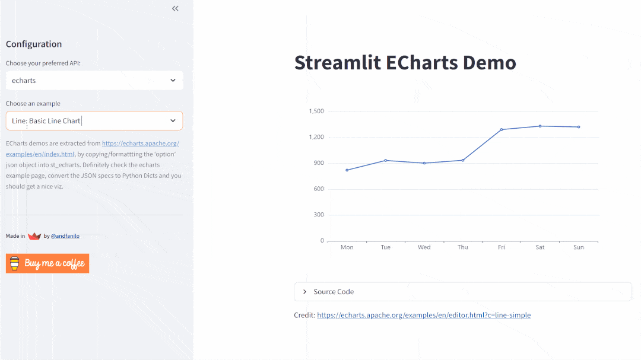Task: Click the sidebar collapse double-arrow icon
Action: pos(175,8)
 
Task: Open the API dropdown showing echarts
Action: pos(94,81)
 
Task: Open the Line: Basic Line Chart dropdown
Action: pos(94,121)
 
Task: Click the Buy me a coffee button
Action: pos(47,263)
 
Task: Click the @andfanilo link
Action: pos(65,236)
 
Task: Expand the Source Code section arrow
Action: pos(305,292)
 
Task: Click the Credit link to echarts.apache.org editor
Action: pos(424,316)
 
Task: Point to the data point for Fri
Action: pos(502,129)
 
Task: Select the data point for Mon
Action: pos(347,170)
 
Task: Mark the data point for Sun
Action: pos(579,127)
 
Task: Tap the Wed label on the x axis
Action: pos(424,247)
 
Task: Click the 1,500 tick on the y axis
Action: pos(316,111)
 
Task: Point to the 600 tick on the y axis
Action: pos(319,189)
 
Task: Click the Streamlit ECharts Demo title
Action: pos(405,63)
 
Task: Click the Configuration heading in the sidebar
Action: pos(34,44)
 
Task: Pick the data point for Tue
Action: pos(386,160)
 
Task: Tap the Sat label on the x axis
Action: pos(540,247)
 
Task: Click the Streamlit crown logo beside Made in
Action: pos(34,236)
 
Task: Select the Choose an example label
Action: pos(33,103)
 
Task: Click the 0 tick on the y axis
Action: pos(322,241)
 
